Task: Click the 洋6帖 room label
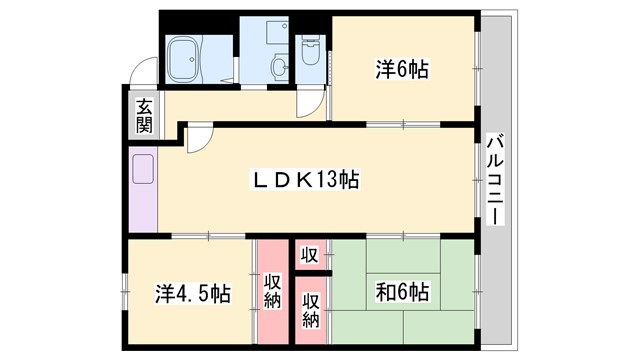[403, 69]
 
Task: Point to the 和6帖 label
[402, 293]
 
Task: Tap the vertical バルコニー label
[496, 180]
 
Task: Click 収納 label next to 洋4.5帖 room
[272, 295]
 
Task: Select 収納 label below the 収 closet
[311, 311]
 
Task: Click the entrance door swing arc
[146, 74]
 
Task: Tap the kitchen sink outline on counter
[141, 171]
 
